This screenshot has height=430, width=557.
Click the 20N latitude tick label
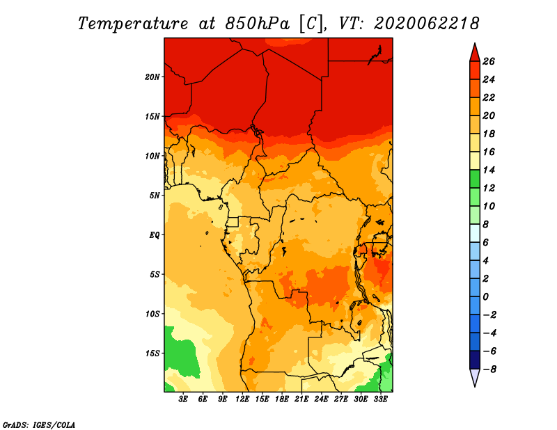(x=152, y=77)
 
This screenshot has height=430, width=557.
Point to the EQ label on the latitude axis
(x=154, y=235)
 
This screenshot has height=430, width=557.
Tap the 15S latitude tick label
(x=152, y=353)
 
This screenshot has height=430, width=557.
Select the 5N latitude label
(x=154, y=196)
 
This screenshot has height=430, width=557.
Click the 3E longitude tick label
(x=183, y=399)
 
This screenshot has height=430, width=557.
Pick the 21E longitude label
(x=301, y=399)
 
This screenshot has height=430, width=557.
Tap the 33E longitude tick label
(x=380, y=399)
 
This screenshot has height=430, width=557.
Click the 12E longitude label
(x=242, y=399)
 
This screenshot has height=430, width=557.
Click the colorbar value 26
(x=489, y=61)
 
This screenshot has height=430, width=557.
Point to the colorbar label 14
(x=489, y=170)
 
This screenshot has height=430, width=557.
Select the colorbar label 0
(x=485, y=297)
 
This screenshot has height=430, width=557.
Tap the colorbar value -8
(x=489, y=369)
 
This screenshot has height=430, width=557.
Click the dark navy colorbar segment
(x=475, y=360)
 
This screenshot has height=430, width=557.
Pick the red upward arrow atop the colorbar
(x=475, y=53)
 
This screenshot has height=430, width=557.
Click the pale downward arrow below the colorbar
(x=475, y=378)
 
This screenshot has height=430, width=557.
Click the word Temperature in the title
(x=133, y=24)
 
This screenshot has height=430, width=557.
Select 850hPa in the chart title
(x=258, y=24)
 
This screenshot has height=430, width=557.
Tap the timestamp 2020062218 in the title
(x=427, y=24)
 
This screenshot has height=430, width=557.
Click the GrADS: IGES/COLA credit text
(x=39, y=425)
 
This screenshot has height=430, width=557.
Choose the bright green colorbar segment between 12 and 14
(x=475, y=179)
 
